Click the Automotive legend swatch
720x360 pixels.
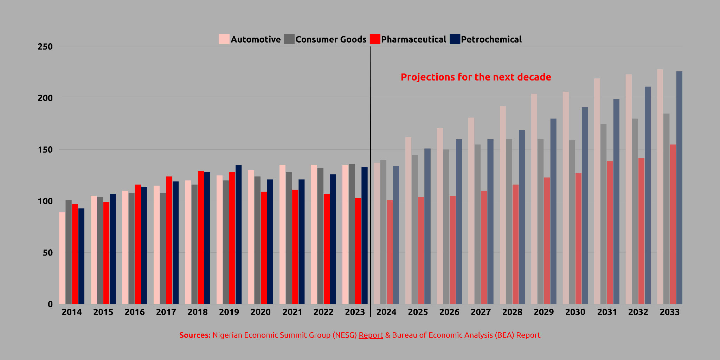coord(224,39)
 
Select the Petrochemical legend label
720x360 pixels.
coord(491,39)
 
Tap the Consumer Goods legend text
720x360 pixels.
coord(331,39)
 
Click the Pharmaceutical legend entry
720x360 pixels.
coord(413,39)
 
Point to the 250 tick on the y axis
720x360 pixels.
coord(45,47)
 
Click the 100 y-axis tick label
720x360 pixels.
coord(45,201)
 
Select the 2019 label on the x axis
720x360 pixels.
coord(229,312)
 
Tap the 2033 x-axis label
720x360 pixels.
coord(669,312)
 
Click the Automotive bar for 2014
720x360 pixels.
coord(62,258)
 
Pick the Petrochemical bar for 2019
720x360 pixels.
coord(239,234)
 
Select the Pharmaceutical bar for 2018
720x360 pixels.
coord(201,238)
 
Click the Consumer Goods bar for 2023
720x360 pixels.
coord(352,234)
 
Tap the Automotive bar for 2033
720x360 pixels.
coord(660,187)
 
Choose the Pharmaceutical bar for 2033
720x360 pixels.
coord(673,224)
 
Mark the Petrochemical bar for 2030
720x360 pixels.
coord(585,206)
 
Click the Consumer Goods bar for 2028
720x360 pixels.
coord(509,222)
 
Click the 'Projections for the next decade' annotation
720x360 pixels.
coord(476,77)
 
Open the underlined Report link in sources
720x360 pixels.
coord(371,335)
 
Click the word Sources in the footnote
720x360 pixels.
coord(194,335)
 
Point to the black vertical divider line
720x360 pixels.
coord(371,176)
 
